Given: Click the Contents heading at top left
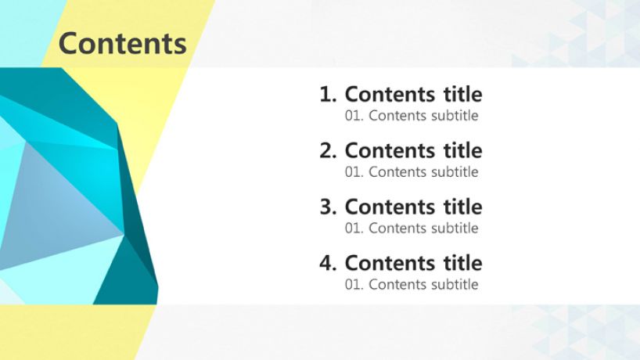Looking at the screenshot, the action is (123, 43).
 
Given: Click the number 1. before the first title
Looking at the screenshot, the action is (328, 94).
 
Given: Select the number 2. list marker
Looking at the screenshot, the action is (328, 150).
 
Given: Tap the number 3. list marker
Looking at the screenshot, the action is (328, 207).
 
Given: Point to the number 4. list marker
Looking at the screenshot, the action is (328, 263).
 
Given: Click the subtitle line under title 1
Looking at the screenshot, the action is (412, 116).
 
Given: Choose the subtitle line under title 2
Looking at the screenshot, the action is (412, 172).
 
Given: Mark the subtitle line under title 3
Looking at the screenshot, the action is (412, 229).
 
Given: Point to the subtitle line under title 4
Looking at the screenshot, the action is (412, 285).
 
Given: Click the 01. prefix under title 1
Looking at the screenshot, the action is (354, 116).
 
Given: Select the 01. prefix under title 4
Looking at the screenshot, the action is (354, 285).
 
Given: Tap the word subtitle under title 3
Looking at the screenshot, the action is (455, 229).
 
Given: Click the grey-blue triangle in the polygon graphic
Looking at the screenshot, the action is (53, 212).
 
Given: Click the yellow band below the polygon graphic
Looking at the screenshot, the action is (74, 332).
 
